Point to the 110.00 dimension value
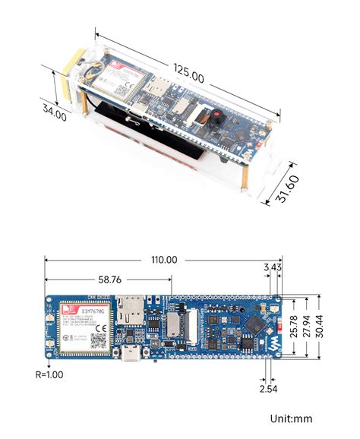coord(164,260)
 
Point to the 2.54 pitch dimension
coord(268,389)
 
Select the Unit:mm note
coord(291,418)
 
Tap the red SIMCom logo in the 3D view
coord(118,67)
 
